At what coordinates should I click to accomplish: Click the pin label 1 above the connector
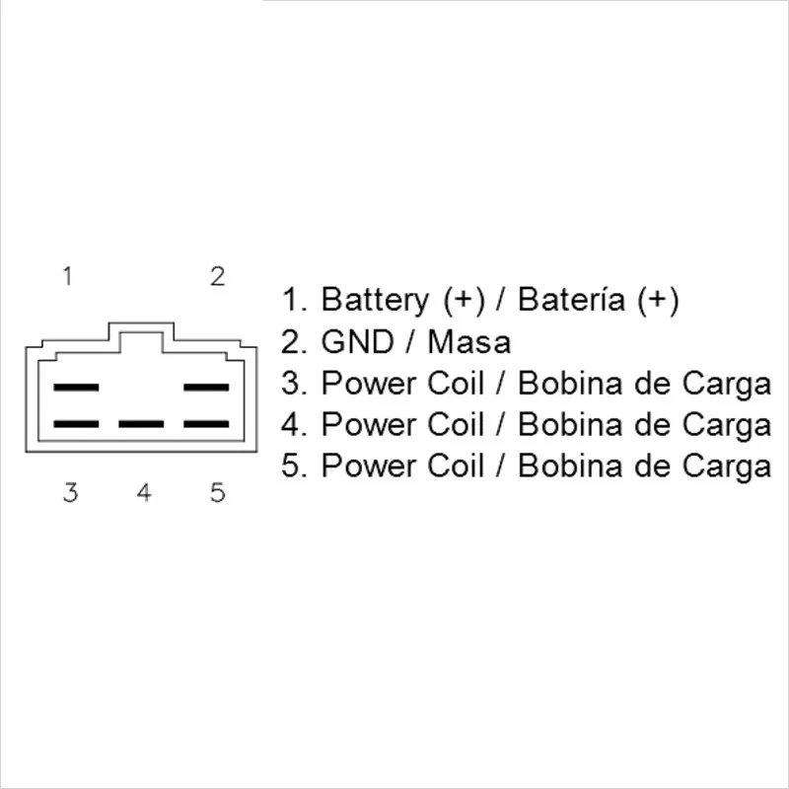[x=67, y=276]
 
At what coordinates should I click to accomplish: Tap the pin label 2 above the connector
[x=218, y=276]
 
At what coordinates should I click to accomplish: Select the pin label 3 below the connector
[x=70, y=492]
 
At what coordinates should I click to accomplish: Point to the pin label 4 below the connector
[x=144, y=492]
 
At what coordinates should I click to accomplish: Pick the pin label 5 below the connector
[x=218, y=492]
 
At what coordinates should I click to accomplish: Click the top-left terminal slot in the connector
[x=76, y=388]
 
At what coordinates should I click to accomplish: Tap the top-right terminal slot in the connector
[x=207, y=388]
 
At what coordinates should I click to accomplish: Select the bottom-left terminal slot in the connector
[x=76, y=424]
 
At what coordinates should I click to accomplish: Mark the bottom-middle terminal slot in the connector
[x=141, y=424]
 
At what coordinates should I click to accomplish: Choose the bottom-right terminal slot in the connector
[x=207, y=424]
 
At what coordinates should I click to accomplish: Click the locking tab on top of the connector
[x=141, y=341]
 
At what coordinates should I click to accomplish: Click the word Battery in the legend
[x=376, y=300]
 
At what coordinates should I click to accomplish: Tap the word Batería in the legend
[x=572, y=300]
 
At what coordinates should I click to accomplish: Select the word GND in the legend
[x=354, y=342]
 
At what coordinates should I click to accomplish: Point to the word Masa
[x=469, y=342]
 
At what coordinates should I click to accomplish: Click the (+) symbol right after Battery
[x=463, y=300]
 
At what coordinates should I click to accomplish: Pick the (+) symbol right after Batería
[x=658, y=300]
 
